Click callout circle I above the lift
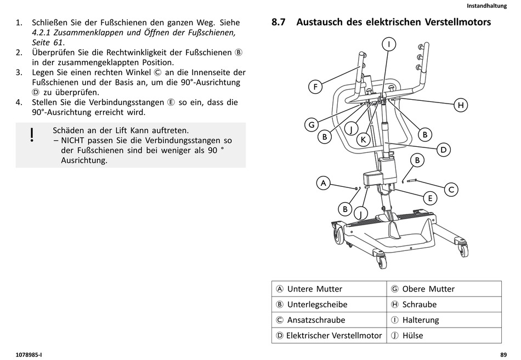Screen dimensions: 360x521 [388, 44]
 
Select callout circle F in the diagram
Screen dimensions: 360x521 [315, 87]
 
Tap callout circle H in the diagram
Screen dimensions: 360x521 [461, 105]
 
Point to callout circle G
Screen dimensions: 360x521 [312, 125]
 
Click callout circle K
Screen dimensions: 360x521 [363, 140]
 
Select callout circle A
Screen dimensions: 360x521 [324, 183]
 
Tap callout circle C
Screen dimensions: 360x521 [451, 190]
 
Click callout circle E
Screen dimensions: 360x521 [430, 198]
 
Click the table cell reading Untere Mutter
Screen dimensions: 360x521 [329, 289]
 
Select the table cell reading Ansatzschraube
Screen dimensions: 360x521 [329, 320]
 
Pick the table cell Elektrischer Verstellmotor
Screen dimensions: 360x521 [329, 335]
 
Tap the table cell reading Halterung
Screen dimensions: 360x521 [444, 320]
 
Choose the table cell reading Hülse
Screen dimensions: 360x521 [444, 335]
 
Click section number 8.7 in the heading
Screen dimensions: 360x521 [279, 22]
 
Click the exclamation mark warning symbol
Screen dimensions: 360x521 [32, 135]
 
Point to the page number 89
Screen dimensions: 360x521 [503, 355]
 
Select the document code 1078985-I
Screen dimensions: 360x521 [30, 355]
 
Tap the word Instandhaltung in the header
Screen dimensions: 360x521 [486, 5]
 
